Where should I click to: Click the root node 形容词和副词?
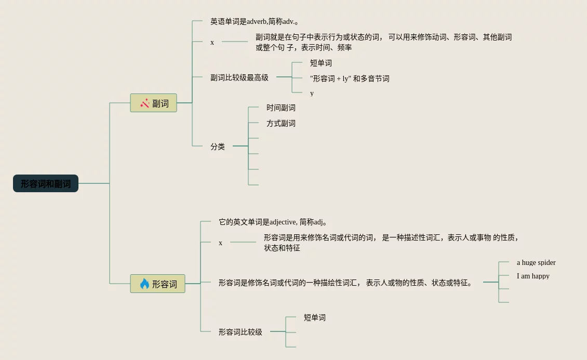pos(46,183)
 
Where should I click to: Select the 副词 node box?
pos(153,103)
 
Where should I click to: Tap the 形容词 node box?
pos(157,284)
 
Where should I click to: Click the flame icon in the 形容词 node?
pos(144,284)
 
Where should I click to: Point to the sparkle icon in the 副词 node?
pos(145,103)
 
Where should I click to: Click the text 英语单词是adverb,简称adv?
pos(254,21)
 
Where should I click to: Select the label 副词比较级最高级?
pos(239,77)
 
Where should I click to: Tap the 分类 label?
pos(218,146)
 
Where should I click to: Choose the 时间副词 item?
pos(281,108)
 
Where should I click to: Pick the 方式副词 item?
pos(281,123)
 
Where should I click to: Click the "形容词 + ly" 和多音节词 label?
pos(350,78)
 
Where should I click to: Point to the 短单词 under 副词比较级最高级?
pos(321,63)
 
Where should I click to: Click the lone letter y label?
pos(312,93)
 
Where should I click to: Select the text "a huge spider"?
pos(536,262)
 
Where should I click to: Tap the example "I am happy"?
pos(533,276)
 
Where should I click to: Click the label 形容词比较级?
pos(241,332)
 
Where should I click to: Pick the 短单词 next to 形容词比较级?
pos(315,317)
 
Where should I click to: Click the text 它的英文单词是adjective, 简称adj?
pos(273,222)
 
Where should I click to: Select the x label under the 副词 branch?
pos(212,42)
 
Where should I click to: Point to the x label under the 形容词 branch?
pos(220,243)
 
